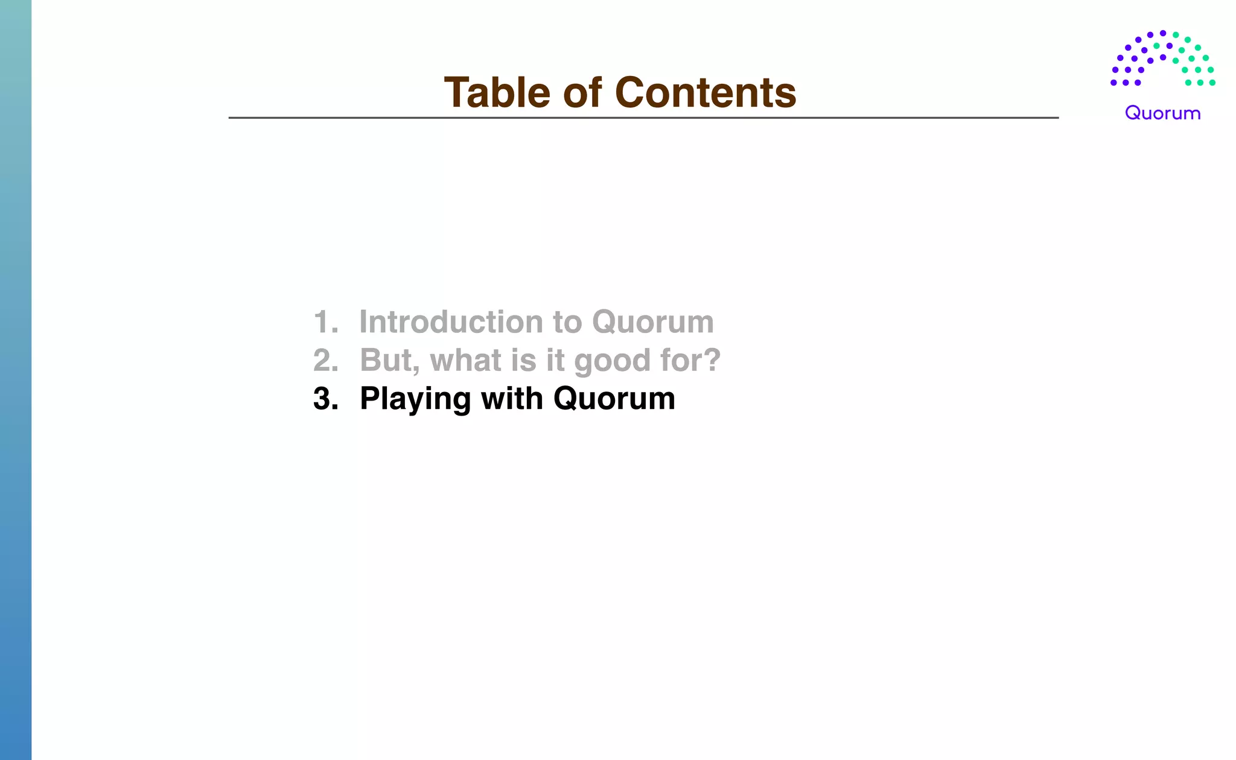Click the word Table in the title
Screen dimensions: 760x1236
pos(497,93)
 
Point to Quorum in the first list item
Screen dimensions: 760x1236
pos(653,322)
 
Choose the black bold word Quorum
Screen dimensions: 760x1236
pos(614,399)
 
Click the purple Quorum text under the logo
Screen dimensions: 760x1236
pos(1162,113)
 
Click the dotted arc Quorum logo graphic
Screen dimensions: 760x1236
pos(1162,59)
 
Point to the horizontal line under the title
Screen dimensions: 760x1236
pos(643,118)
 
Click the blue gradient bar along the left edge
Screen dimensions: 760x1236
pos(16,380)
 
